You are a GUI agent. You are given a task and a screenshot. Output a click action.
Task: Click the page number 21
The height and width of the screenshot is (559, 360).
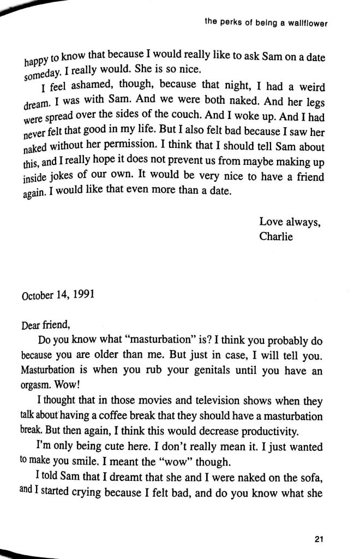coord(320,540)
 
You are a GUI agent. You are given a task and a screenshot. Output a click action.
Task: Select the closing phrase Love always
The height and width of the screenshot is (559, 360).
coord(286,222)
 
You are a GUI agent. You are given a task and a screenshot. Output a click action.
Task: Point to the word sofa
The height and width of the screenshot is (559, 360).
coord(311,474)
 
